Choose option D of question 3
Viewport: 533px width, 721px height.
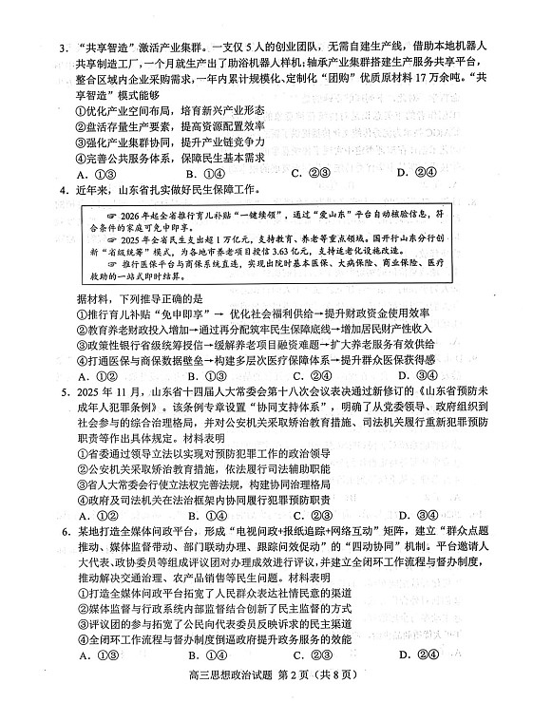point(404,173)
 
